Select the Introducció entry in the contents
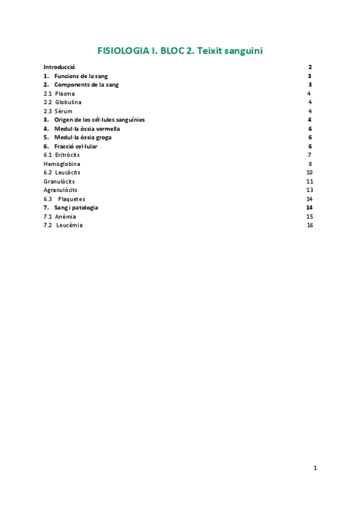click(59, 67)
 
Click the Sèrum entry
click(63, 111)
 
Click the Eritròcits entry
click(67, 155)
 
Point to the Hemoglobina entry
click(62, 164)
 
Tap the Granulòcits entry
click(59, 181)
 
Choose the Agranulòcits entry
click(60, 190)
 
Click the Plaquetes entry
click(72, 199)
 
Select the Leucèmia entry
click(69, 225)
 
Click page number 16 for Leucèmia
click(310, 225)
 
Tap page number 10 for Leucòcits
click(310, 173)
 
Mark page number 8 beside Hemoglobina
click(310, 164)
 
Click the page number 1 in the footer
click(315, 468)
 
